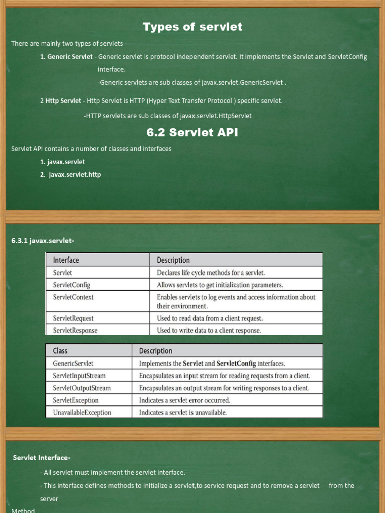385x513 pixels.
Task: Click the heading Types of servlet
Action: (x=192, y=27)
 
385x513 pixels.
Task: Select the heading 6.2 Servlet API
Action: (x=192, y=133)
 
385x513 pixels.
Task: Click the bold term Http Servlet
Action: (x=63, y=101)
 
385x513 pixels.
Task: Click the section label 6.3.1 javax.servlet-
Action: (x=43, y=241)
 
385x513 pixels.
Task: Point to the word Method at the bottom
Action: (x=23, y=510)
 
